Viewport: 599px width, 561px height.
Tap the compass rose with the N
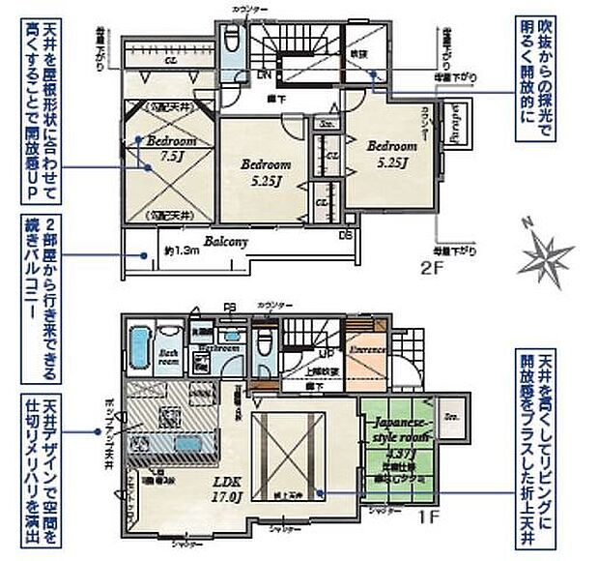546,253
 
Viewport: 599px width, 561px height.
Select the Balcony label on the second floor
226,241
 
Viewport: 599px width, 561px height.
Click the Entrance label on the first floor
367,347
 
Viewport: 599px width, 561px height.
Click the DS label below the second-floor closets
346,235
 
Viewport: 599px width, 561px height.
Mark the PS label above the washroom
229,310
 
